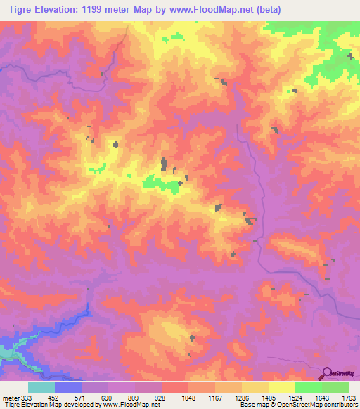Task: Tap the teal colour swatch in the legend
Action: (41, 387)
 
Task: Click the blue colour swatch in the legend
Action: (67, 387)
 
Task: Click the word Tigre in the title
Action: (17, 9)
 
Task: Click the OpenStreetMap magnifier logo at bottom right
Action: (328, 372)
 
